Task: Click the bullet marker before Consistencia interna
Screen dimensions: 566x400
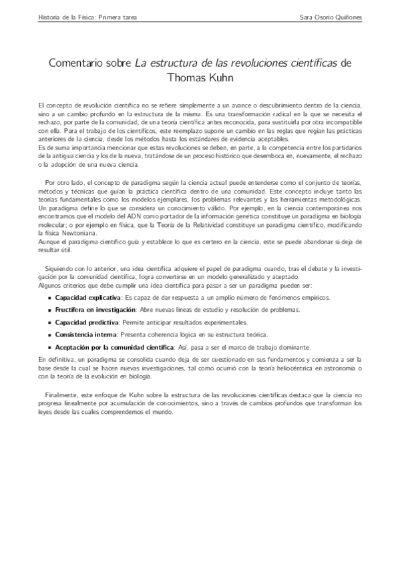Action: tap(50, 334)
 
